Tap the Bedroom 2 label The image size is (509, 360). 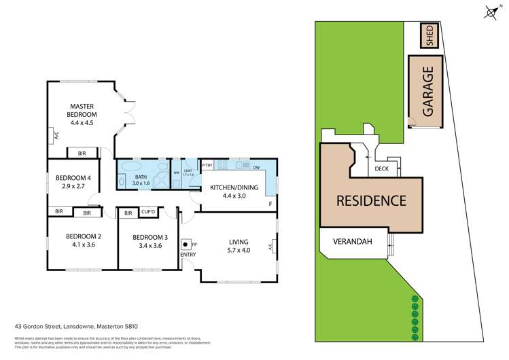tap(84, 236)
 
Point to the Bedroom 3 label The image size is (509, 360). tap(149, 236)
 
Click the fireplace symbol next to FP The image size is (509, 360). tap(185, 244)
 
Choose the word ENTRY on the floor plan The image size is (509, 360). tap(188, 255)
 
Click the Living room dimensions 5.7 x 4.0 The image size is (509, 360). tap(239, 249)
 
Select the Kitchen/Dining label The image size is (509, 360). tap(234, 187)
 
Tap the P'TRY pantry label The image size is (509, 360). tap(207, 165)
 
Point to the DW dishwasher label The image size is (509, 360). tap(256, 167)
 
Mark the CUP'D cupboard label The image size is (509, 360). tap(149, 213)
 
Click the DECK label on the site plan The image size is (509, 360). tap(381, 168)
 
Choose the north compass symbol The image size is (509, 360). tap(491, 12)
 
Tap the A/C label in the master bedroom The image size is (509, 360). tap(56, 136)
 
